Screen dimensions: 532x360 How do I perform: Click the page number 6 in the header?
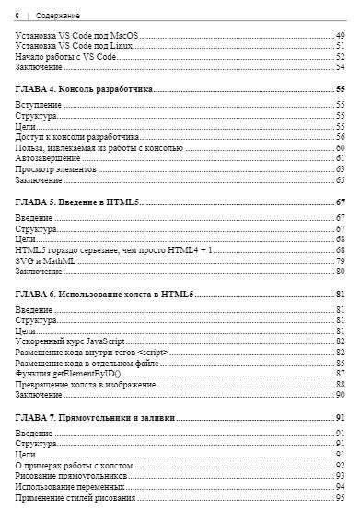[17, 16]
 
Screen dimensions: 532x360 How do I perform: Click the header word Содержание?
[58, 16]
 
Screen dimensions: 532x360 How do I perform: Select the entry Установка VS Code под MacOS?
[70, 35]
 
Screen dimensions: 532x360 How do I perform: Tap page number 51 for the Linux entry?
[341, 45]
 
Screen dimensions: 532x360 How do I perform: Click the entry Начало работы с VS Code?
[65, 56]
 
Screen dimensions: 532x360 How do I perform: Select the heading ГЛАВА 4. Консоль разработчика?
[84, 89]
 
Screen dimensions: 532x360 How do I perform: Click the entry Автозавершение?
[45, 158]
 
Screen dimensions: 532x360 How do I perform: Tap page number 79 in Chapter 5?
[341, 260]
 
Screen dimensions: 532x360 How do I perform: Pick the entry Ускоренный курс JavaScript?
[70, 341]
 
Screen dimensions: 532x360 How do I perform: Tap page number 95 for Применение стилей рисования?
[341, 498]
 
